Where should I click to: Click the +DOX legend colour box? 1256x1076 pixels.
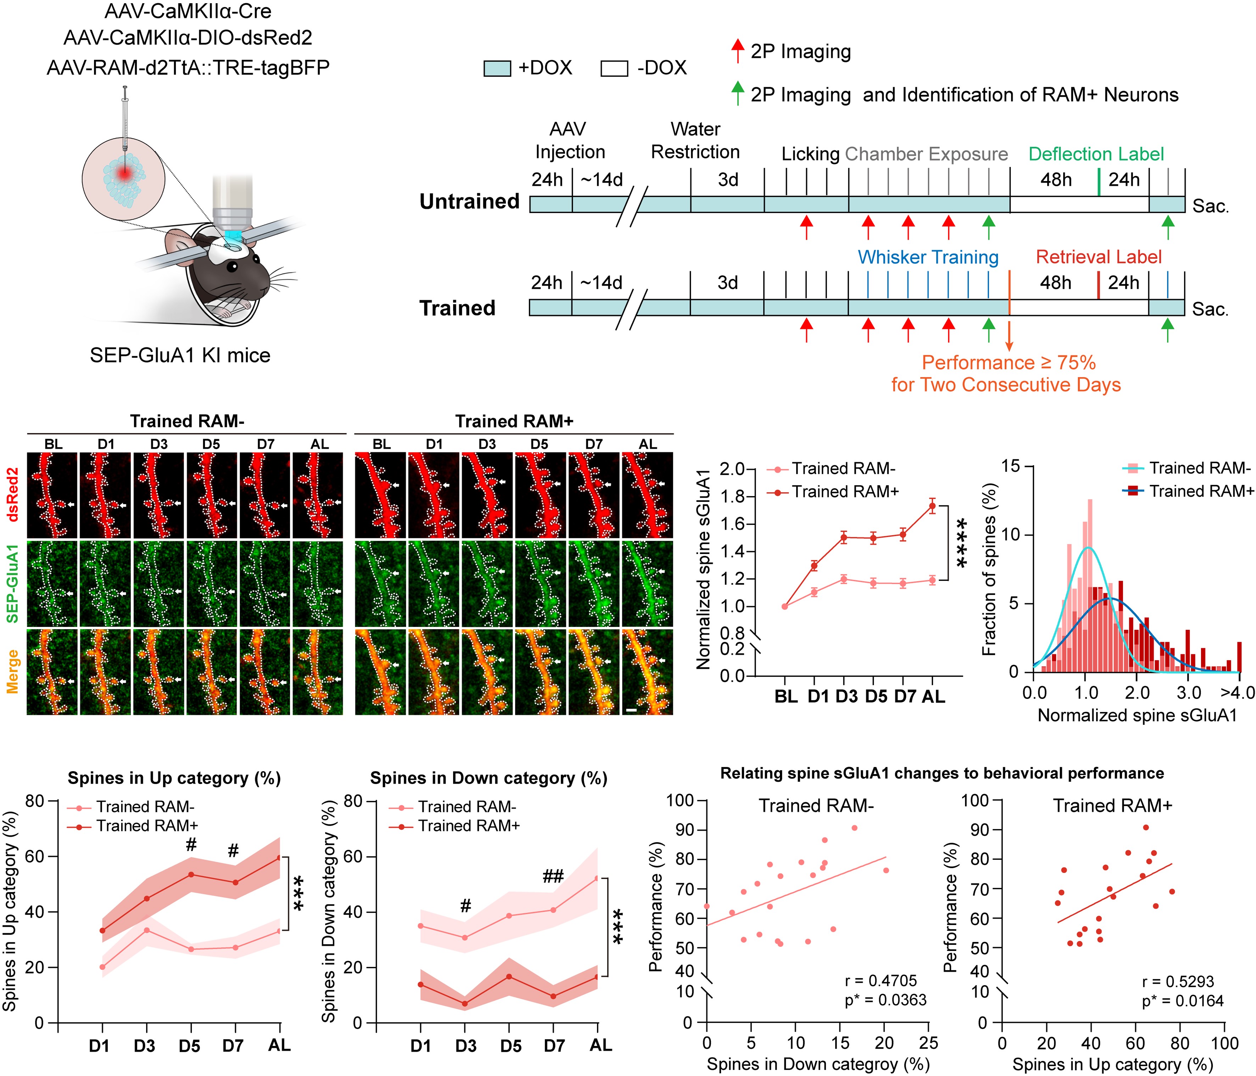(497, 68)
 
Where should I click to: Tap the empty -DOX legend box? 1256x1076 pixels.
(613, 68)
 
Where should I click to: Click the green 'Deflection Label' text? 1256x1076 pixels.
(1096, 154)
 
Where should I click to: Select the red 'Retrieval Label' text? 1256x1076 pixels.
(1098, 257)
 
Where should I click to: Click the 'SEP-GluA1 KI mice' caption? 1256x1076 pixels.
(180, 355)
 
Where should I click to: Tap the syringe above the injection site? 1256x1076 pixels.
(125, 121)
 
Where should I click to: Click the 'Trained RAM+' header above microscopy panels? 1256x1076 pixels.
(514, 421)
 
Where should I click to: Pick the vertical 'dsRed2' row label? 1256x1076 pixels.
(12, 495)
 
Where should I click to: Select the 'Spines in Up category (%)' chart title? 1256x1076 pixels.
(174, 778)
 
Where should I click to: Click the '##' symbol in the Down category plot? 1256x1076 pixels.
(553, 876)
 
